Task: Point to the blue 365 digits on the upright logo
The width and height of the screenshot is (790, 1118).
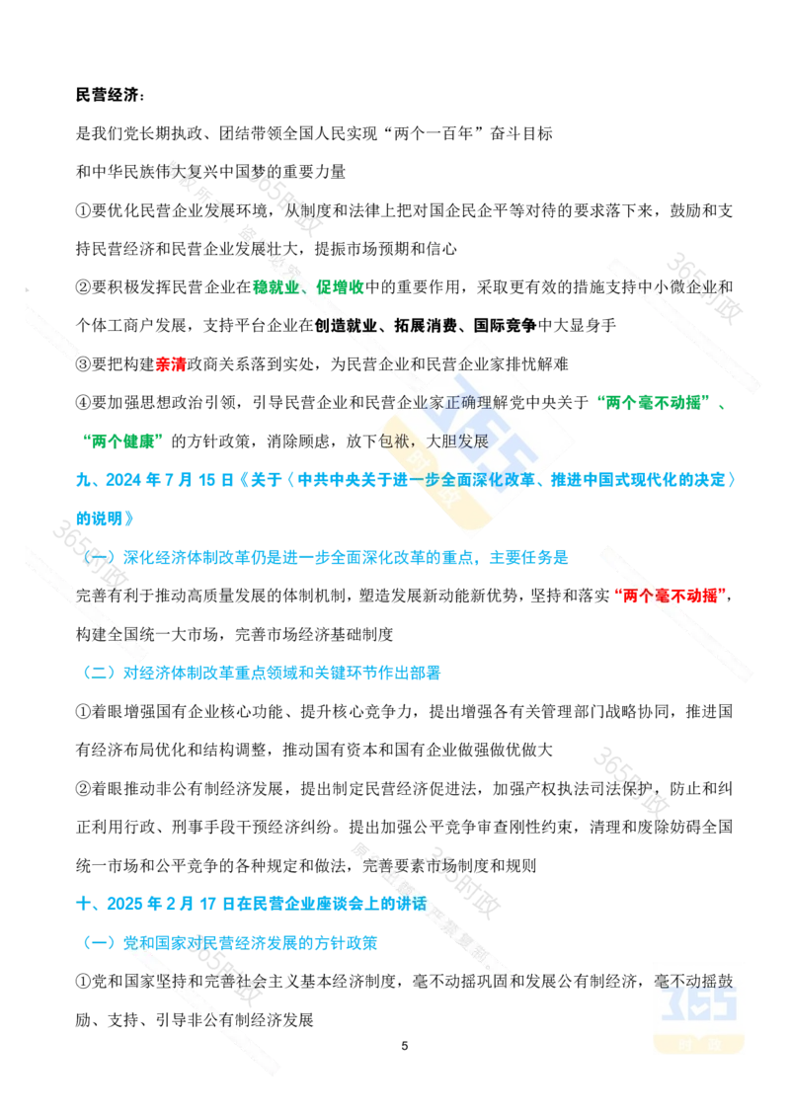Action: tap(698, 1006)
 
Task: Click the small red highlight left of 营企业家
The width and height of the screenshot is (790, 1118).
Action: tap(171, 364)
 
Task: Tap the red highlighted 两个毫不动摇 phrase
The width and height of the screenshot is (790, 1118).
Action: tap(670, 595)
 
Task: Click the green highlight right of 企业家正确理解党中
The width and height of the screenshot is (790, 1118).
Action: tap(655, 401)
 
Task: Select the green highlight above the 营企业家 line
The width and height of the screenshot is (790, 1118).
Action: tap(308, 287)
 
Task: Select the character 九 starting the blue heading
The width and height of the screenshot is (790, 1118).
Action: tap(83, 480)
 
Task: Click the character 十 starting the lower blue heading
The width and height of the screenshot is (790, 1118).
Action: tap(83, 903)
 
